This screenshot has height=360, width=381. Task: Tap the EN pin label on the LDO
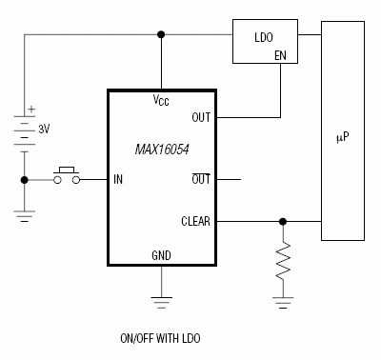pyautogui.click(x=281, y=56)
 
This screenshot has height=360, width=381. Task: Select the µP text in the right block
pyautogui.click(x=343, y=136)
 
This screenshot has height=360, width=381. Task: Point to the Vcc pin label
pyautogui.click(x=162, y=100)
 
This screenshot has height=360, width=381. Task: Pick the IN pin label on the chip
pyautogui.click(x=118, y=178)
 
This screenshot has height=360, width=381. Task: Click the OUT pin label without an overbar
pyautogui.click(x=201, y=118)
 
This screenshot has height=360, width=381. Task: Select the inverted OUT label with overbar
pyautogui.click(x=201, y=178)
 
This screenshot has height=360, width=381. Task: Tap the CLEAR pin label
pyautogui.click(x=195, y=222)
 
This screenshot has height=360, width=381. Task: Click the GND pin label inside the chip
pyautogui.click(x=162, y=256)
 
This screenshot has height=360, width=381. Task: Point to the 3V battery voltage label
pyautogui.click(x=43, y=126)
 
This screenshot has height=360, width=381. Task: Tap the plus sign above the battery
pyautogui.click(x=32, y=109)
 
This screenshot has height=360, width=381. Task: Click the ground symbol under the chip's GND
pyautogui.click(x=162, y=302)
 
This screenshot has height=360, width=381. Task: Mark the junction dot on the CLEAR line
pyautogui.click(x=282, y=222)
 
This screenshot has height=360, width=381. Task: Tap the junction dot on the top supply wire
pyautogui.click(x=162, y=35)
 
